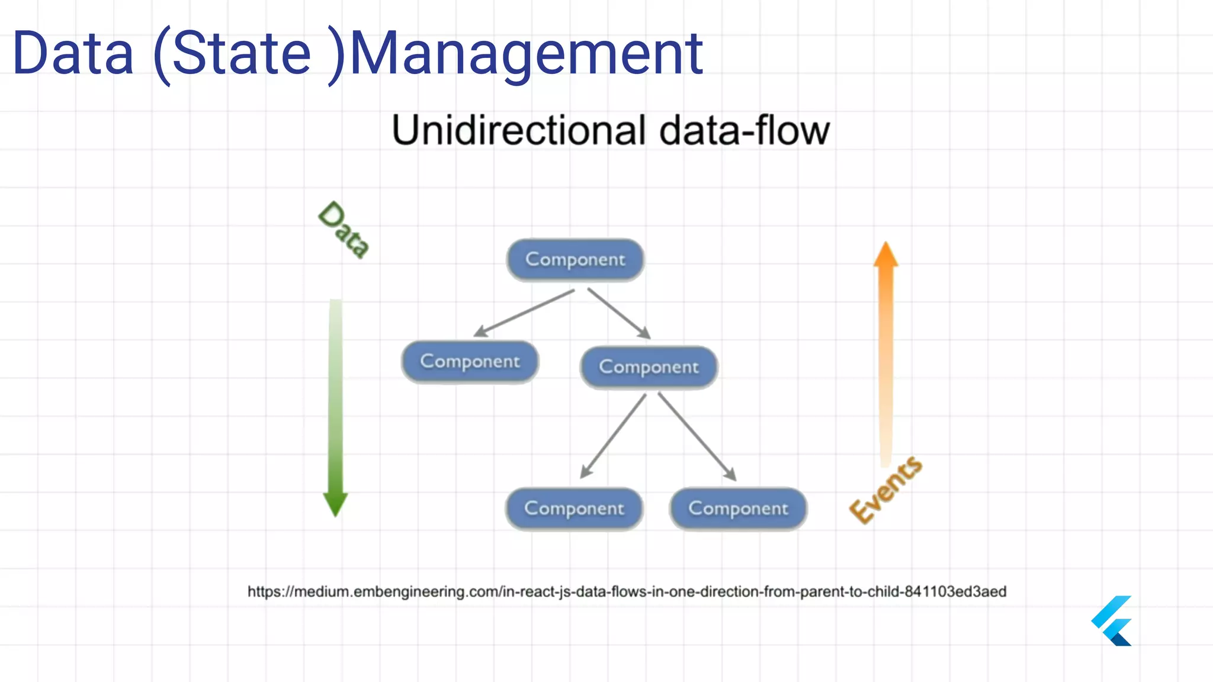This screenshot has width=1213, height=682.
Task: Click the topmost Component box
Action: (x=575, y=260)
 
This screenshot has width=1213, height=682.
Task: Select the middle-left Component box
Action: (x=470, y=362)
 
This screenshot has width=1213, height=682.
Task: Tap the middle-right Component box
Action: (x=649, y=367)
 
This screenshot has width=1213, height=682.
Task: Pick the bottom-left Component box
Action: (x=574, y=509)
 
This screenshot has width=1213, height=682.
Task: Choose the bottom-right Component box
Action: (x=738, y=509)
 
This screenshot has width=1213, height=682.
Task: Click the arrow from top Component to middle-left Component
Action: (x=524, y=313)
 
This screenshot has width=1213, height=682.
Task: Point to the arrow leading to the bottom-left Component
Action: (x=613, y=436)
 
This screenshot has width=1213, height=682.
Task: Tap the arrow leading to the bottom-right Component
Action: (x=697, y=436)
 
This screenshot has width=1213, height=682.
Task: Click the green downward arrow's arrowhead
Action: (x=335, y=503)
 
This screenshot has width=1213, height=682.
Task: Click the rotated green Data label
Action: (x=344, y=230)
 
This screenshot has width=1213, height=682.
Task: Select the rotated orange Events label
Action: (x=885, y=490)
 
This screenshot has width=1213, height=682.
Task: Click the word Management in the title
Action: (x=526, y=54)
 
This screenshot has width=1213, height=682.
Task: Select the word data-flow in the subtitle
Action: (x=744, y=130)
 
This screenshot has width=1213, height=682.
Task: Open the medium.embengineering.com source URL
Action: (x=627, y=591)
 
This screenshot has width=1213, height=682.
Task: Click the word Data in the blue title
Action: (x=73, y=54)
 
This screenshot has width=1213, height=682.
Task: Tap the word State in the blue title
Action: (x=241, y=54)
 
